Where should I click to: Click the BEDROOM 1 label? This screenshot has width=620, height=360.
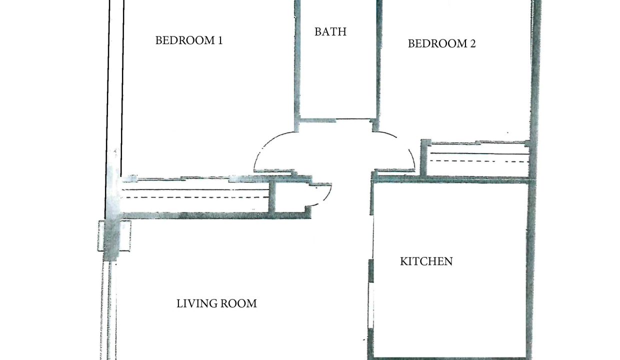coord(189,40)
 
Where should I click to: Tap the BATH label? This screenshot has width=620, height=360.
coord(330,32)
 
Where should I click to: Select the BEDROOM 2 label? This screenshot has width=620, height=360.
coord(442,43)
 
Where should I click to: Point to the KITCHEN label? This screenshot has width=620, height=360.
coord(426,261)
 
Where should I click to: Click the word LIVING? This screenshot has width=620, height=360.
coord(197,304)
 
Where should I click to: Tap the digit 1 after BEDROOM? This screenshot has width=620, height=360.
coord(220,40)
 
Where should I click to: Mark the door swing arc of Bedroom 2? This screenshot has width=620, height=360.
coord(404,144)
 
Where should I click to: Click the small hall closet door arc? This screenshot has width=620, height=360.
coord(326,197)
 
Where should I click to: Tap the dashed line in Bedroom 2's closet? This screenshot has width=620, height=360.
coord(478,161)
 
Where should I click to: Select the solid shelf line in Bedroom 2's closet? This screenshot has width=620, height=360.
coord(479,153)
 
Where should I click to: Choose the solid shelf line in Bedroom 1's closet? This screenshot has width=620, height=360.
coord(195,190)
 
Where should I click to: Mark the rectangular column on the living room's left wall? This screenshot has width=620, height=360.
coord(114,236)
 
